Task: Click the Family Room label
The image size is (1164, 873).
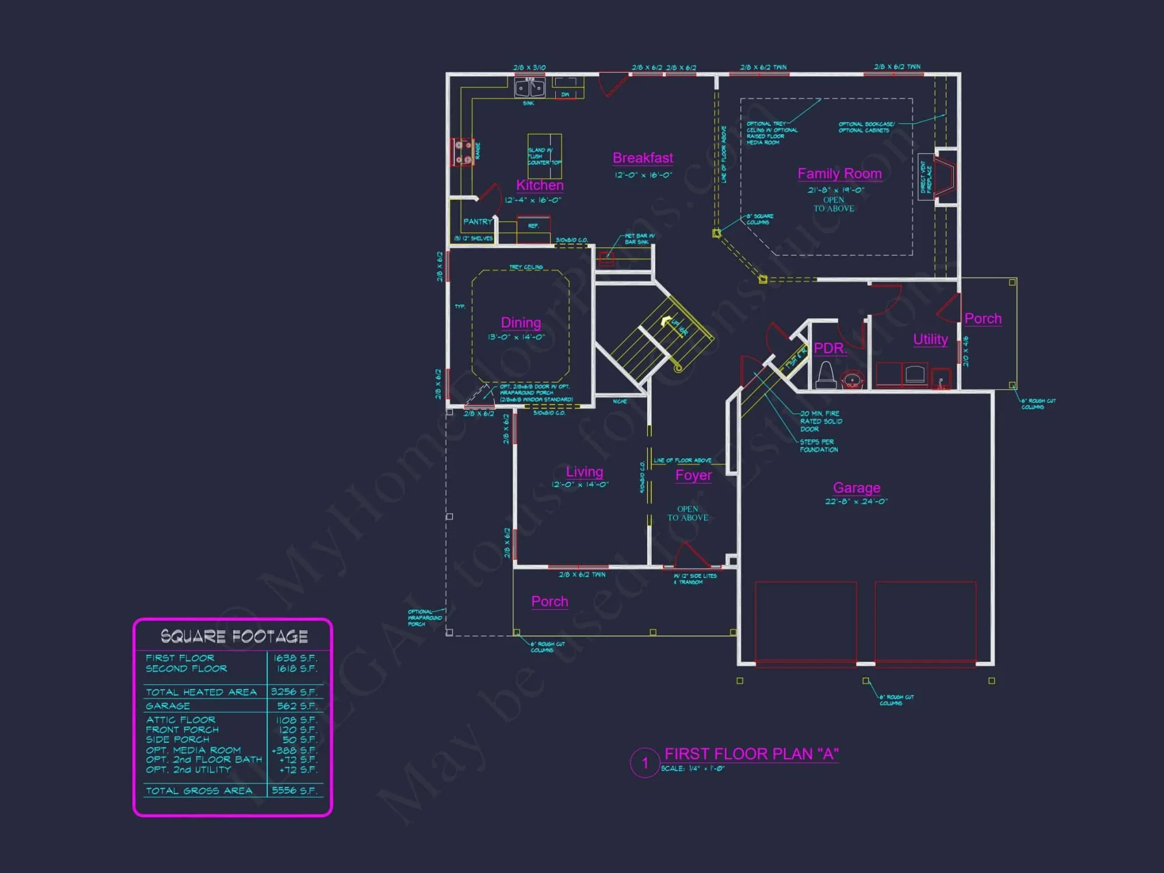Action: pos(839,173)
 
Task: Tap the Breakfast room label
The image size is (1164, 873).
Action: pos(643,158)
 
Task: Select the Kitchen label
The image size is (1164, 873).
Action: pos(540,185)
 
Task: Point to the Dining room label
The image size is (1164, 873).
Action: pos(521,322)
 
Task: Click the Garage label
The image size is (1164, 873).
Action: pos(856,488)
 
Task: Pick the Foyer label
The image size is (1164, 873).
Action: pos(693,475)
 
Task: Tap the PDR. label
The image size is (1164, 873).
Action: pos(830,348)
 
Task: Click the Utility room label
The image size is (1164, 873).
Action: pos(930,339)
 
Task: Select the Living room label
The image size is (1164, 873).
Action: pos(584,471)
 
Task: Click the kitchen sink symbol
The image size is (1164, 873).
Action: pos(530,88)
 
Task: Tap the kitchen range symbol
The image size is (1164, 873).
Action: pos(463,152)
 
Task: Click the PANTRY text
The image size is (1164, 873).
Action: pos(478,222)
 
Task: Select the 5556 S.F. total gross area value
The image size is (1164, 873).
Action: pos(294,790)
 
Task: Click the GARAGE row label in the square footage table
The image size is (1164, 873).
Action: pos(168,706)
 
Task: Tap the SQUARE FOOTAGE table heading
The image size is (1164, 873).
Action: pos(234,636)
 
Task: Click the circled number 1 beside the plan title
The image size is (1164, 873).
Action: pos(645,763)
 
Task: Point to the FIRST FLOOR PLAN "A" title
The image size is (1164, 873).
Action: pos(751,754)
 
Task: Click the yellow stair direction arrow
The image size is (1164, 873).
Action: pos(665,321)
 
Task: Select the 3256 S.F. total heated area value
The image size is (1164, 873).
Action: pos(294,692)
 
